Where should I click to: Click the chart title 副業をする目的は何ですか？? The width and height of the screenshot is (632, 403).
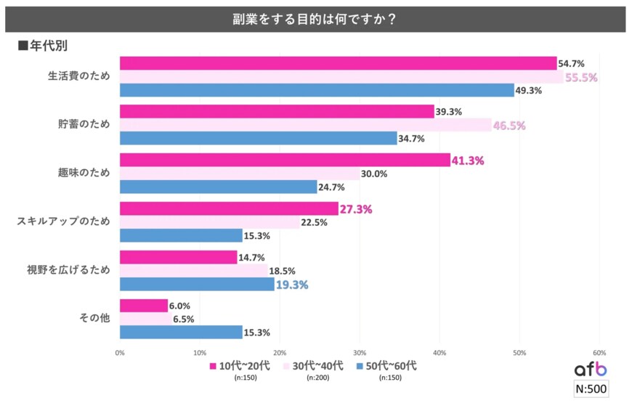(x=316, y=19)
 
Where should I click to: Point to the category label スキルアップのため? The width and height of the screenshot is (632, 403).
(x=63, y=221)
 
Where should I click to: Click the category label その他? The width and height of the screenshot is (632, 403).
(x=95, y=318)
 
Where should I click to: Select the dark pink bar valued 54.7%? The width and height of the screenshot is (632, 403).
(x=338, y=63)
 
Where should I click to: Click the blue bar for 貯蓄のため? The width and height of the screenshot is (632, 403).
(x=258, y=138)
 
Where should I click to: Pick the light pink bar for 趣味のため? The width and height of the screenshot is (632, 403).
(x=239, y=174)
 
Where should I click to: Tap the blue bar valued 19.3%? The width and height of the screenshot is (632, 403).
(x=197, y=284)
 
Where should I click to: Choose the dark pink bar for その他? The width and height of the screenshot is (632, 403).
(x=143, y=306)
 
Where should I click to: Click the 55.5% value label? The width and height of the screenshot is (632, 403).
(x=580, y=77)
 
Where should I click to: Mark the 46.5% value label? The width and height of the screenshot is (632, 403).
(x=509, y=125)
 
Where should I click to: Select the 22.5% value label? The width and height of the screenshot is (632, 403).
(x=314, y=222)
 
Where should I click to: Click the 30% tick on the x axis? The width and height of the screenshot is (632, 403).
(x=359, y=354)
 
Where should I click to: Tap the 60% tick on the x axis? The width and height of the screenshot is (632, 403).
(x=599, y=354)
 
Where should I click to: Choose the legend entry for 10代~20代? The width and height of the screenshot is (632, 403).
(x=239, y=367)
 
